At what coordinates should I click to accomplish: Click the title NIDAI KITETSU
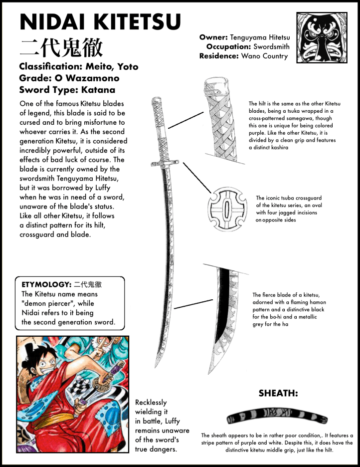pyautogui.click(x=100, y=23)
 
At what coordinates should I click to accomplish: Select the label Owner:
pyautogui.click(x=213, y=37)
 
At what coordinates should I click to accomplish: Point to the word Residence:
pyautogui.click(x=218, y=56)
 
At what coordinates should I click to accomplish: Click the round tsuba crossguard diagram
pyautogui.click(x=227, y=210)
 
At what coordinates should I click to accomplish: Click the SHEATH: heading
pyautogui.click(x=278, y=394)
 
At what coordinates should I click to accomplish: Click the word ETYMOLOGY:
pyautogui.click(x=46, y=284)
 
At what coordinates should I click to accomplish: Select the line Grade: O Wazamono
pyautogui.click(x=69, y=78)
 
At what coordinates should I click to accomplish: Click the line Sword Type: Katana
pyautogui.click(x=67, y=90)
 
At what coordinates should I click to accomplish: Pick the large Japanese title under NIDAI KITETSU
pyautogui.click(x=61, y=47)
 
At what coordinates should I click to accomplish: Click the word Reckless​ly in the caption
pyautogui.click(x=151, y=402)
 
